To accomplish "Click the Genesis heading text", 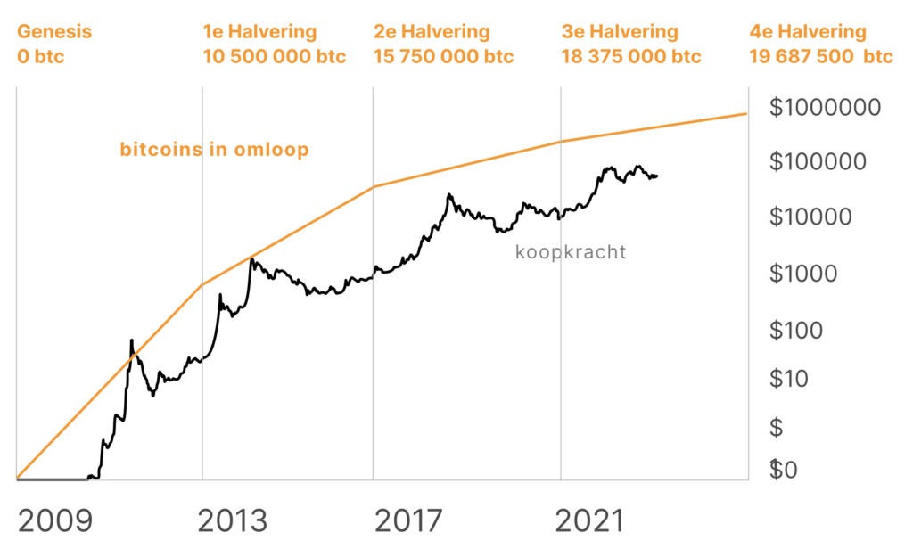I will click(x=54, y=32).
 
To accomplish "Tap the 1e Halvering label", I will click(x=260, y=32).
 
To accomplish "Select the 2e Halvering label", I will click(x=432, y=32).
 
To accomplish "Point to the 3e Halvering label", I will click(x=620, y=32).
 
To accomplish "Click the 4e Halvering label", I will click(x=809, y=32).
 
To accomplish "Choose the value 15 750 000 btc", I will click(x=444, y=56).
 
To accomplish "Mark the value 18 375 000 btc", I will click(x=631, y=56).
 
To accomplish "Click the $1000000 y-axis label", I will click(x=825, y=108).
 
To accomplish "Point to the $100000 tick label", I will click(x=818, y=162).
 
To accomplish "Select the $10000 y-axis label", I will click(x=810, y=217).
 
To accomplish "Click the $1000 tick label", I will click(x=803, y=273).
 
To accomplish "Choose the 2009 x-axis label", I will click(x=54, y=520).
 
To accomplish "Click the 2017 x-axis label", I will click(x=407, y=520).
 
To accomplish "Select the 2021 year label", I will click(x=589, y=520).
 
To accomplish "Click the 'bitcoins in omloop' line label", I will click(x=214, y=149).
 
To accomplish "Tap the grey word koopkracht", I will click(x=571, y=252).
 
